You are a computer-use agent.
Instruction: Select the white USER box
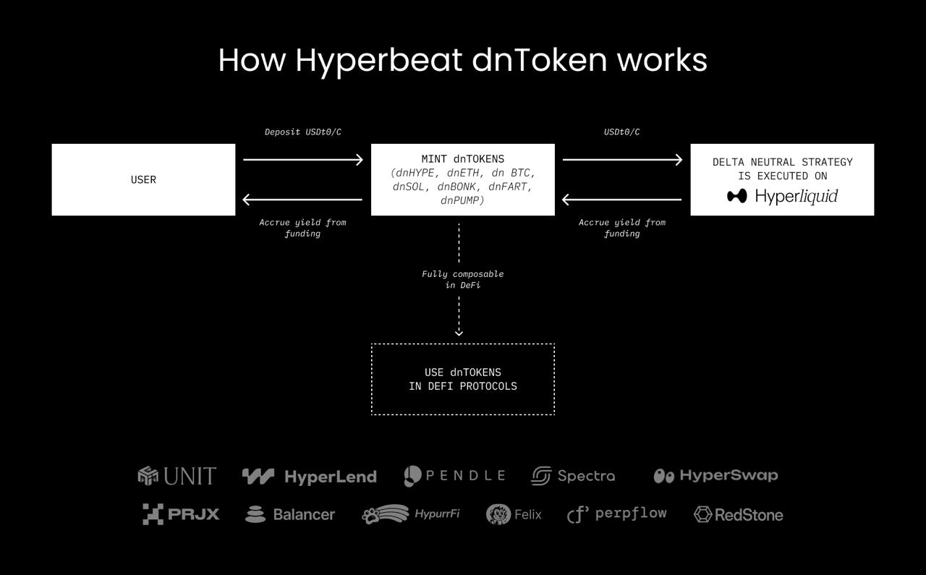tap(143, 179)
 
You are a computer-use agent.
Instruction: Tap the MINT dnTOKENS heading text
tap(462, 159)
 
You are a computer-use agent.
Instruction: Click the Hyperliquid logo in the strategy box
tap(782, 196)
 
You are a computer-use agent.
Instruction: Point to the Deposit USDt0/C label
tap(303, 132)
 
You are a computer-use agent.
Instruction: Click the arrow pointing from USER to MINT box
tap(303, 160)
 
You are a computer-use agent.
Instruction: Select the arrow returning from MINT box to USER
tap(302, 200)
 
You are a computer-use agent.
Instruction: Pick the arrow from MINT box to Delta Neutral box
tap(623, 160)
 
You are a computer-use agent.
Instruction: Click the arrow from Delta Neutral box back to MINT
tap(621, 200)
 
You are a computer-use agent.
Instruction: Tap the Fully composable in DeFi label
tap(462, 279)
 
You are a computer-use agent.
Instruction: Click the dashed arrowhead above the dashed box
tap(459, 333)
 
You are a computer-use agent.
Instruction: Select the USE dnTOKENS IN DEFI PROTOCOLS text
tap(462, 379)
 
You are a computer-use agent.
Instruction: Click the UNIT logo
tap(177, 476)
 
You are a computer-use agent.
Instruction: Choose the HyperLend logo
tap(310, 477)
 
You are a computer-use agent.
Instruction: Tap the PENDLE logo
tap(454, 476)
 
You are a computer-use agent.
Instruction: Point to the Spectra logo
tap(574, 476)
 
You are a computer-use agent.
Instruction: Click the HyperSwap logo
tap(716, 476)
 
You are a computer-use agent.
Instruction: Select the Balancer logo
tap(290, 514)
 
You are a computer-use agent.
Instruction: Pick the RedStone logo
tap(739, 515)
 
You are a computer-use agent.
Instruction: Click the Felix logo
tap(514, 514)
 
